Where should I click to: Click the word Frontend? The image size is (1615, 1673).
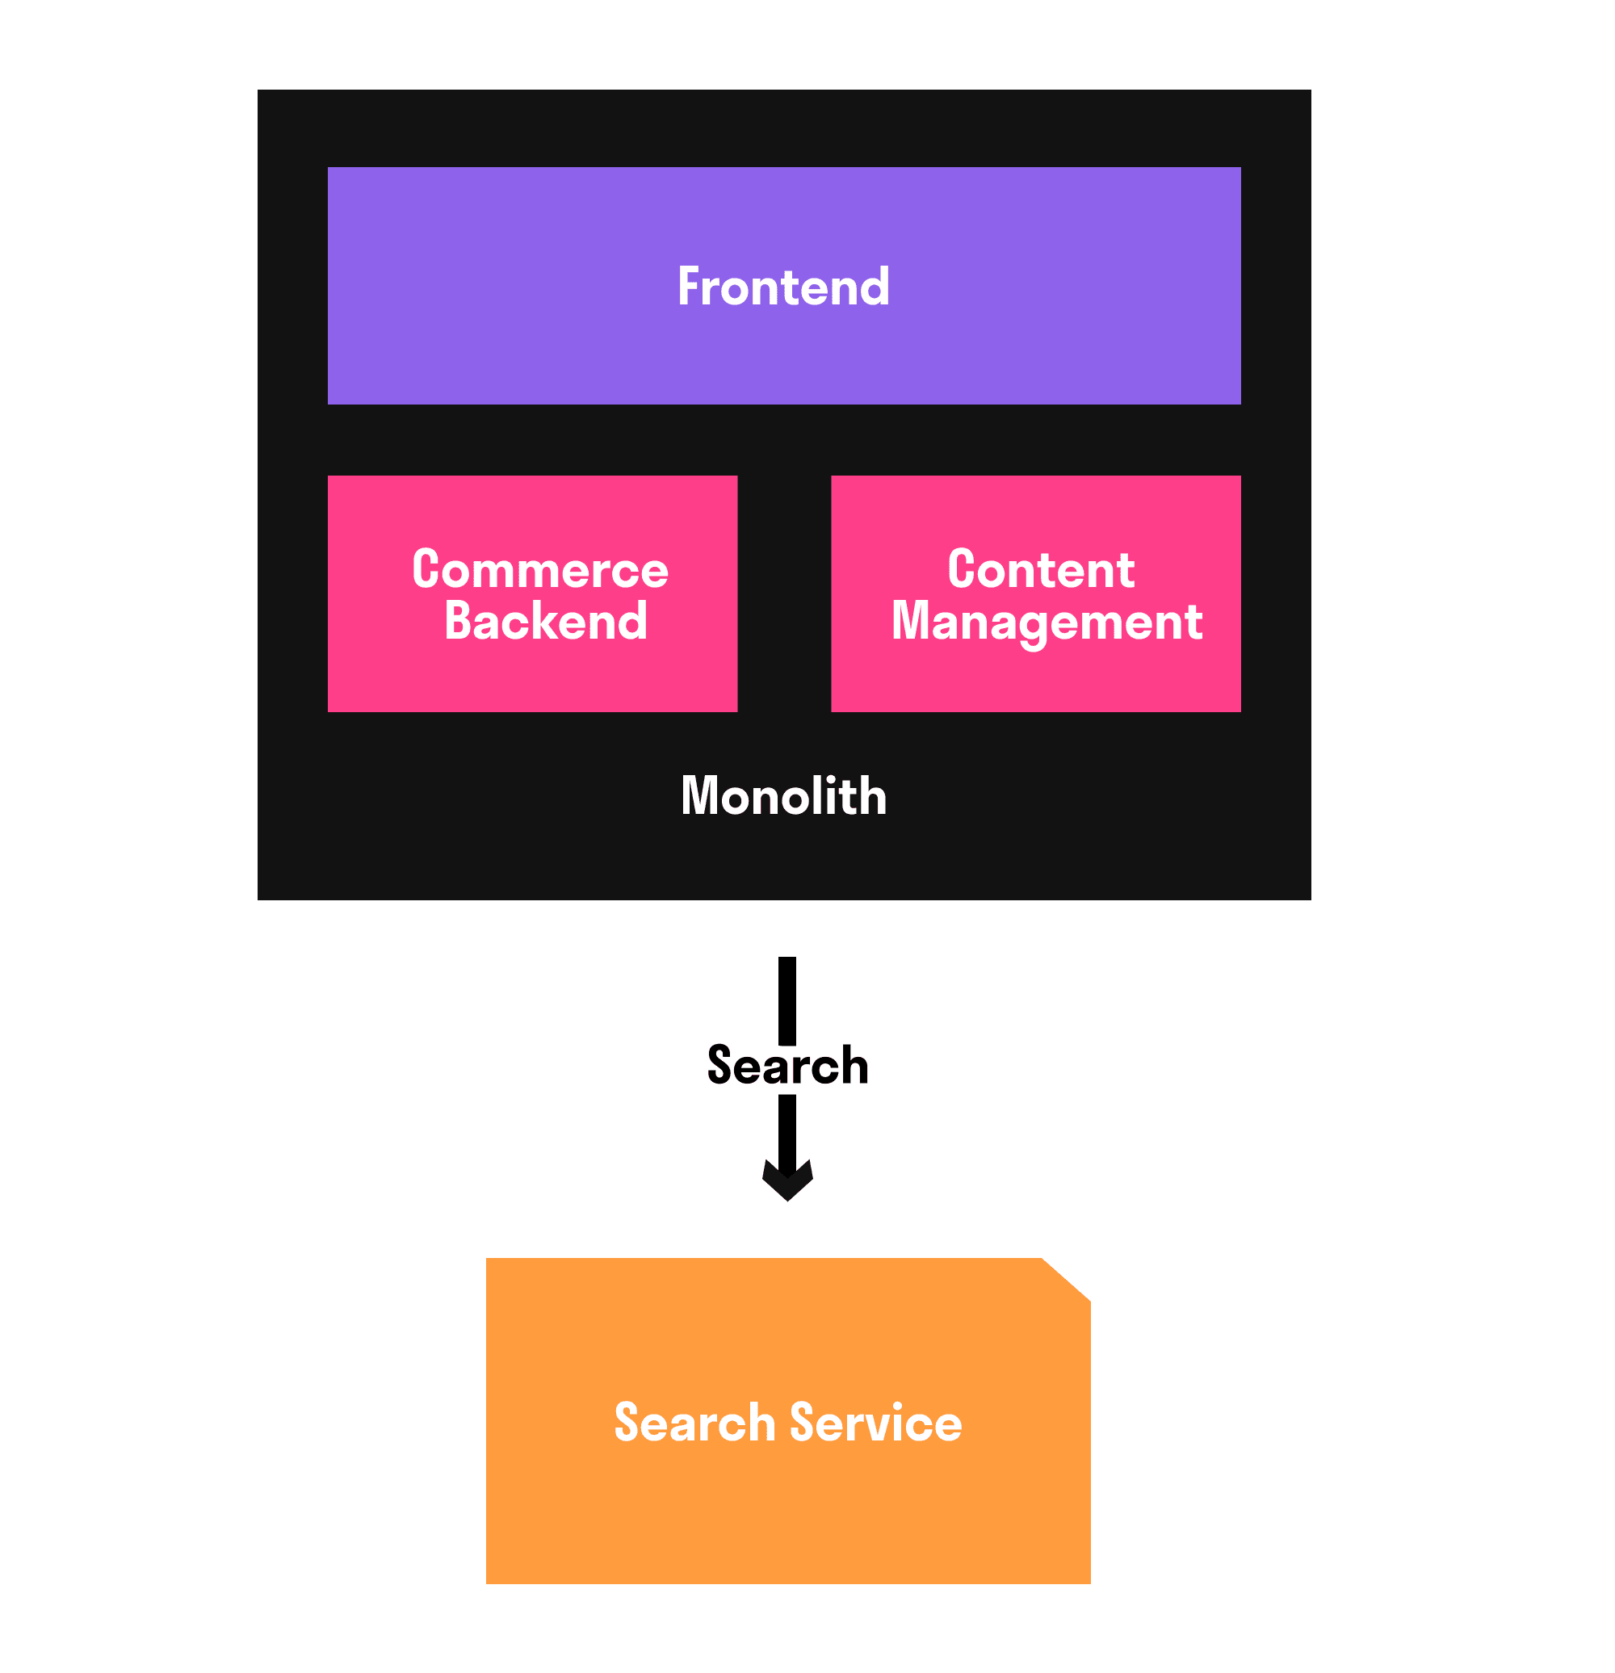pos(782,287)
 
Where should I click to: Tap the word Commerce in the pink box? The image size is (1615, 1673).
pos(539,569)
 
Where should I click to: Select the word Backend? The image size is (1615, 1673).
pos(545,621)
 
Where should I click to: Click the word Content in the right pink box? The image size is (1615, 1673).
pos(1041,569)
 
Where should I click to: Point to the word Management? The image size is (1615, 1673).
pos(1047,623)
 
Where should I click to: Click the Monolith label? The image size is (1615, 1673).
pos(782,796)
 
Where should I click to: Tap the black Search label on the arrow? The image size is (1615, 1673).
pos(787,1065)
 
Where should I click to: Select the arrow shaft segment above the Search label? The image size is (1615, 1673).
pos(787,999)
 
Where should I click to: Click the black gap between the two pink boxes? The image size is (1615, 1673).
pos(783,594)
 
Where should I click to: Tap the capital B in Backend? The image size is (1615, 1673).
pos(459,621)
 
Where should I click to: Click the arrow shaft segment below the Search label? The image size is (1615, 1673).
pos(787,1131)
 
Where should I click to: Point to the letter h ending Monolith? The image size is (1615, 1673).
pos(873,796)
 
